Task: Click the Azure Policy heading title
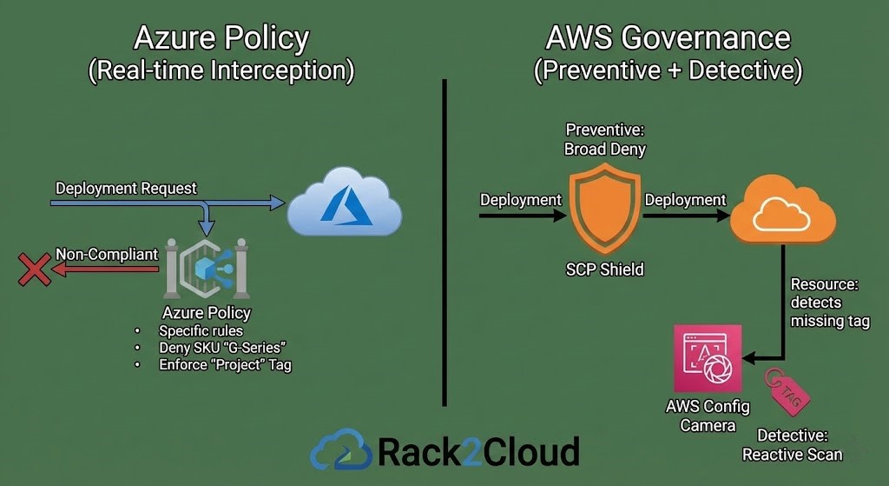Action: click(x=221, y=38)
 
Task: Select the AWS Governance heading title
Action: click(x=668, y=38)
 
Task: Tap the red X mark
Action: click(x=34, y=270)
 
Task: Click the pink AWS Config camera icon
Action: click(x=708, y=359)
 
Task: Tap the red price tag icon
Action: click(x=787, y=390)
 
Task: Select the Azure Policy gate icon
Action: click(x=206, y=270)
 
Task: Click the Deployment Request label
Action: click(x=126, y=188)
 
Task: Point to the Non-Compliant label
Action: click(x=107, y=254)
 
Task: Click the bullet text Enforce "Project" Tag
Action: click(x=225, y=365)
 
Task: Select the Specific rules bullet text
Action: click(x=201, y=330)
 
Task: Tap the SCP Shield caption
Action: click(x=604, y=270)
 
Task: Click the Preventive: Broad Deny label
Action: click(x=605, y=139)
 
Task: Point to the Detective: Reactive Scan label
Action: click(x=792, y=444)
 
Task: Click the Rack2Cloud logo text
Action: click(x=478, y=451)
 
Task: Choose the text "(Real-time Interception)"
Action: click(x=221, y=71)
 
